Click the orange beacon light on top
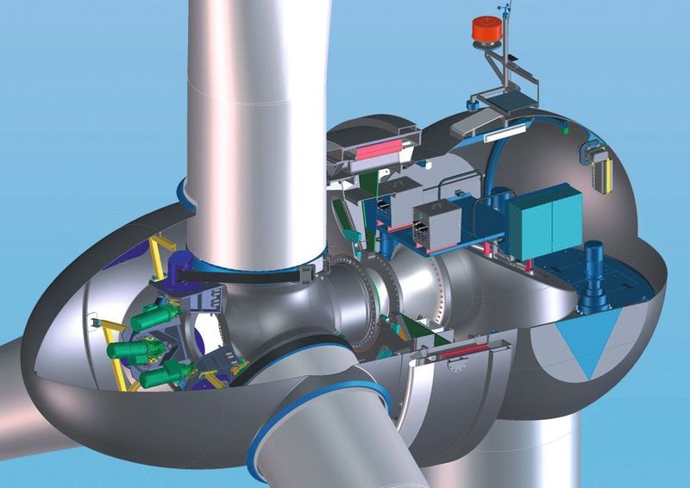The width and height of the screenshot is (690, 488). coord(487,28)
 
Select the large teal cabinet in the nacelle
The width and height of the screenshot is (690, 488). coord(544,222)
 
